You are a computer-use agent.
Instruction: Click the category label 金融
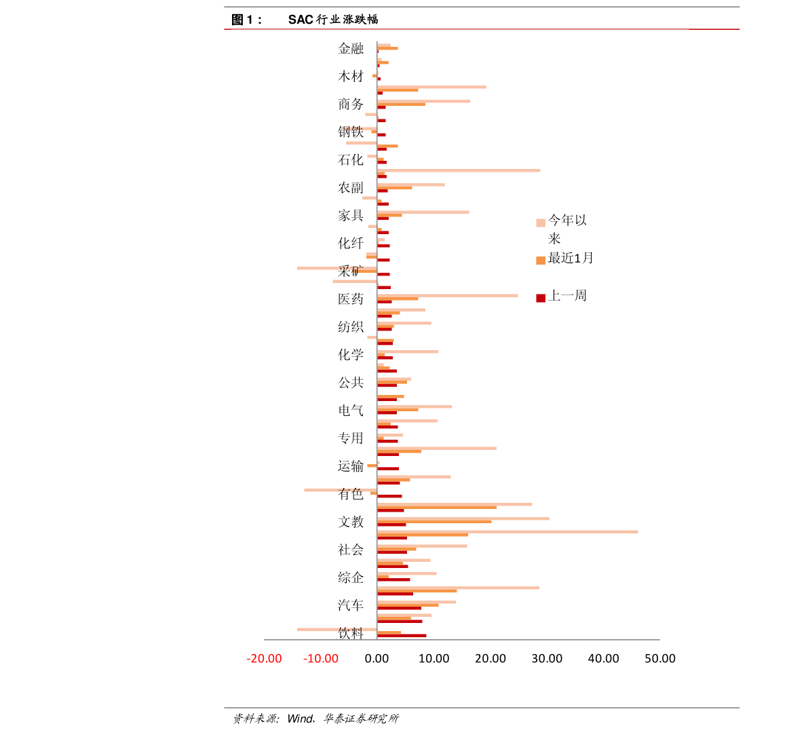351,48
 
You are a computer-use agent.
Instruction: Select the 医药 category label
351,299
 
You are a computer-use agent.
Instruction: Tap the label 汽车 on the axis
351,605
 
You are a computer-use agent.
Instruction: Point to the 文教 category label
351,522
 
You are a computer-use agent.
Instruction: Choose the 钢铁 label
351,132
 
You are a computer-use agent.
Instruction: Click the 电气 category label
351,410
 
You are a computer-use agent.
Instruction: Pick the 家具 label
351,215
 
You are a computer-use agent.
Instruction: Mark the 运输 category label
351,466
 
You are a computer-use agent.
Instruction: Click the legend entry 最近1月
570,259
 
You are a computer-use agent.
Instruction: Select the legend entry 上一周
566,296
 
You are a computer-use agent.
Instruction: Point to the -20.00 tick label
264,659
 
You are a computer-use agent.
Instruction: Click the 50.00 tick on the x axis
660,659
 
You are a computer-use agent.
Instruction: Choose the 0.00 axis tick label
377,659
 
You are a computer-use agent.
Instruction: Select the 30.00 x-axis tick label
547,659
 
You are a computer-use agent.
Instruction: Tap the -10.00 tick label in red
321,659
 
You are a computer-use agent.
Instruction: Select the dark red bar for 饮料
402,636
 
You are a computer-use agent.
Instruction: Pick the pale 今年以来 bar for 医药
447,295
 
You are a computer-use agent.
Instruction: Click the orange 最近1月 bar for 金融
387,48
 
